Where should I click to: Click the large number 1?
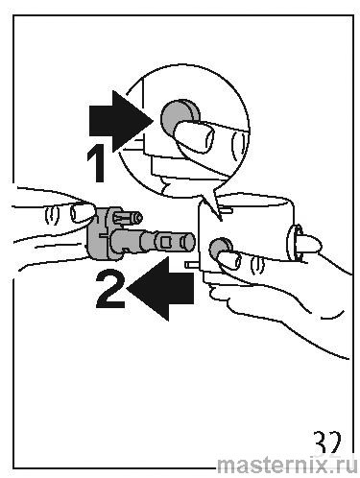[96, 163]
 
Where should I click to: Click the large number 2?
[110, 289]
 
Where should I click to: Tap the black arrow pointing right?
[121, 122]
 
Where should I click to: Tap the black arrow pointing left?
[161, 289]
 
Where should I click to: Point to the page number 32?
[326, 442]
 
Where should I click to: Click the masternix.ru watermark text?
[287, 465]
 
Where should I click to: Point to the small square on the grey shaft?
[165, 242]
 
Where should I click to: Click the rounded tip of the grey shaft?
[188, 241]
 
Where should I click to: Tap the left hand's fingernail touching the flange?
[83, 212]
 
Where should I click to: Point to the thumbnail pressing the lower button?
[230, 260]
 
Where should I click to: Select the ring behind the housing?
[293, 243]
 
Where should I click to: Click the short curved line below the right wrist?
[334, 314]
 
